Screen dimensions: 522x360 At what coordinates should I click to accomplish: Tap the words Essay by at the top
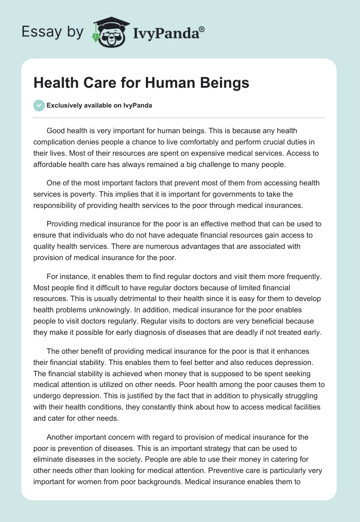click(53, 32)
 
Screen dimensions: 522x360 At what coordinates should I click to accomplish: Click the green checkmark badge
click(39, 105)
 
